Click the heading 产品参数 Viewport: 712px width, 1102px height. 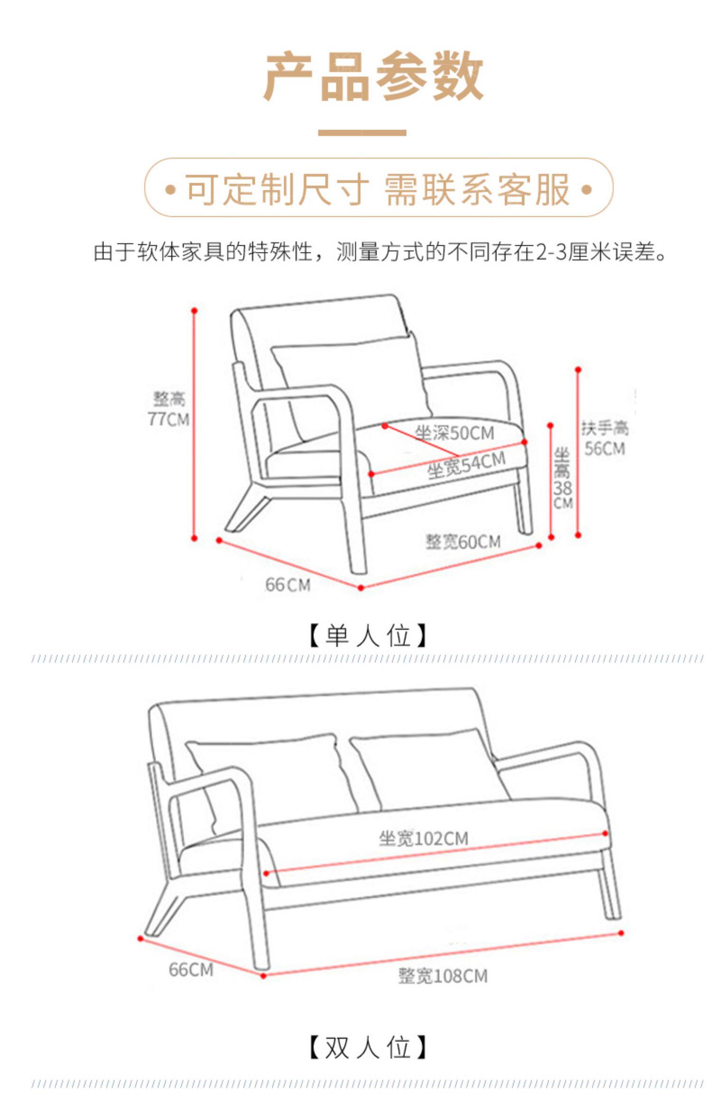pyautogui.click(x=374, y=76)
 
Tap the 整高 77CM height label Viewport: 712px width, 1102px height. pyautogui.click(x=169, y=409)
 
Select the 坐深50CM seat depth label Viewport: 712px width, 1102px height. pyautogui.click(x=454, y=433)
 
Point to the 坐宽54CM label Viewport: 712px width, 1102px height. pyautogui.click(x=466, y=466)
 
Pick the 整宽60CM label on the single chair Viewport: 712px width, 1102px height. pyautogui.click(x=463, y=542)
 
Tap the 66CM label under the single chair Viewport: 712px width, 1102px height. pyautogui.click(x=288, y=585)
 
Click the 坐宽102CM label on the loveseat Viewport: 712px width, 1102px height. pyautogui.click(x=423, y=839)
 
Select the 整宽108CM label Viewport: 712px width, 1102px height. pyautogui.click(x=442, y=976)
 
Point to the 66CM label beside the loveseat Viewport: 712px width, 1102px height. pyautogui.click(x=191, y=970)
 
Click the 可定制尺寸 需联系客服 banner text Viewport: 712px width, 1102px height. pyautogui.click(x=378, y=189)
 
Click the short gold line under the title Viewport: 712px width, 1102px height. pyautogui.click(x=362, y=133)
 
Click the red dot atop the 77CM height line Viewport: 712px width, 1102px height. pyautogui.click(x=194, y=311)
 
